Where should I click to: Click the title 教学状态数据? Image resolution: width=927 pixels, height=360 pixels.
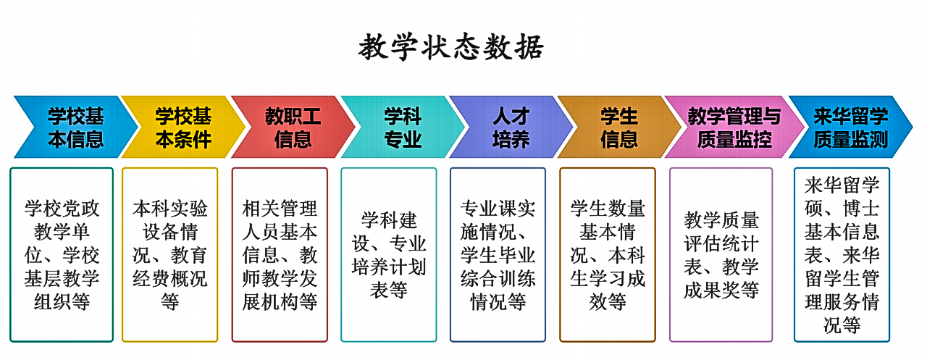450,47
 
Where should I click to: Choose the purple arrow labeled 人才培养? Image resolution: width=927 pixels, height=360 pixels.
511,127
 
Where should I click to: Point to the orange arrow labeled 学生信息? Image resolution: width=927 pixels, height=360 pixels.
619,127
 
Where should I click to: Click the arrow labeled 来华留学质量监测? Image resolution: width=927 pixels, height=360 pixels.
850,127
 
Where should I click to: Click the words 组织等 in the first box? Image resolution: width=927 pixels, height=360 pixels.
62,302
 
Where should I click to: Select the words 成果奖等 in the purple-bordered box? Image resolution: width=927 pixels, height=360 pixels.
721,290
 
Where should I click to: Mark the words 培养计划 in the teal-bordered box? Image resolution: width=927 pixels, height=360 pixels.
389,267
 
